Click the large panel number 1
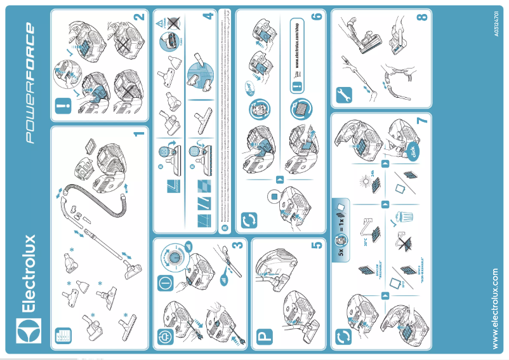tap(140, 134)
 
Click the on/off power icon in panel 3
tap(164, 279)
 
